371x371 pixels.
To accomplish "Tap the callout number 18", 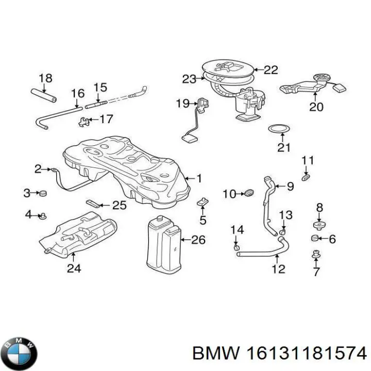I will [x=45, y=78].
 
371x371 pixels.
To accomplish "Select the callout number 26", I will [x=198, y=240].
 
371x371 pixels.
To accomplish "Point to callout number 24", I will [x=73, y=267].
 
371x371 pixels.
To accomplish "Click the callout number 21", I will [x=284, y=148].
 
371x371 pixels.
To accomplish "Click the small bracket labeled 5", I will [x=203, y=201].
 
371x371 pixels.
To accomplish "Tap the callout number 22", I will [x=271, y=70].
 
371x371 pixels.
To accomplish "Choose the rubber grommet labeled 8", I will [x=319, y=225].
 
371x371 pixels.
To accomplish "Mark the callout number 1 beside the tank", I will [x=199, y=179].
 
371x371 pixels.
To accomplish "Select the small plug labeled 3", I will [x=43, y=193].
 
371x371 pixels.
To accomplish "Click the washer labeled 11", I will [x=306, y=177].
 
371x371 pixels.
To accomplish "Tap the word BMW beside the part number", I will [x=215, y=354].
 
